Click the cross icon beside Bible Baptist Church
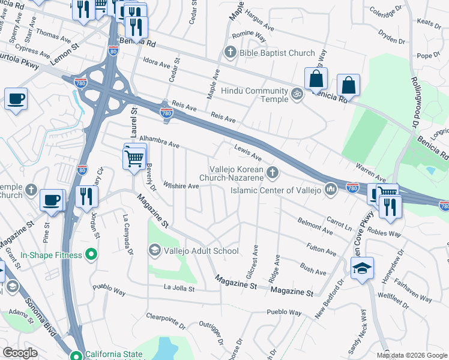coord(229,53)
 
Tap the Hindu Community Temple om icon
coord(295,94)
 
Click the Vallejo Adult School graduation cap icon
coord(155,250)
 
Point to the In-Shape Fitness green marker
coord(91,256)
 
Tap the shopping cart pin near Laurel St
coord(135,158)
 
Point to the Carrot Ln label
coord(339,223)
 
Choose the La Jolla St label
coord(179,289)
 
